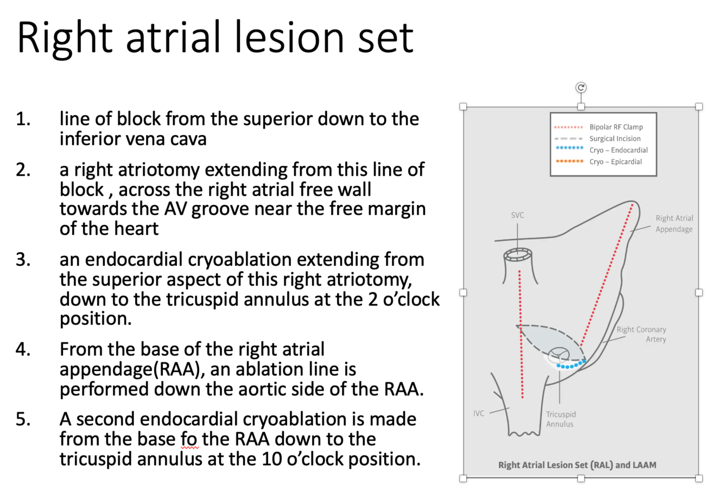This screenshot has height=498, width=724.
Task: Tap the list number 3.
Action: click(x=23, y=260)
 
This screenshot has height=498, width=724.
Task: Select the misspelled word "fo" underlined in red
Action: click(x=190, y=439)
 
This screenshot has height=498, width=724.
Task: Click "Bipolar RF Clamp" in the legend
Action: click(x=616, y=127)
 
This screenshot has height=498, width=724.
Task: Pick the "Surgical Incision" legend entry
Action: click(x=615, y=138)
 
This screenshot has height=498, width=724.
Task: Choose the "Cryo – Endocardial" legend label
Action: click(x=619, y=150)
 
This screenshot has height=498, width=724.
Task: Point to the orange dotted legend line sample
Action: click(x=569, y=162)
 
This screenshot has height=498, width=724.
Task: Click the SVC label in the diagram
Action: click(x=517, y=215)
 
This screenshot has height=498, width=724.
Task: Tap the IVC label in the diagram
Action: click(x=479, y=413)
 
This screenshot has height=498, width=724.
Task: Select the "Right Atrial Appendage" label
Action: click(x=674, y=224)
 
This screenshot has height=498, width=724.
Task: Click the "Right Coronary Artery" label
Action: click(x=641, y=334)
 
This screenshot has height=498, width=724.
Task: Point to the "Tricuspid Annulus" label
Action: click(x=560, y=419)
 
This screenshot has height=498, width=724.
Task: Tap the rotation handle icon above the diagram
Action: click(x=581, y=88)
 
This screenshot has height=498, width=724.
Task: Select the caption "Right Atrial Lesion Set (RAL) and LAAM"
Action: click(x=577, y=465)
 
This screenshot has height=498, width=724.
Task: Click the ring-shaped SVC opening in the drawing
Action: click(x=518, y=254)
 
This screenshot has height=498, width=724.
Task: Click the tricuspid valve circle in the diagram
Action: click(x=559, y=356)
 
